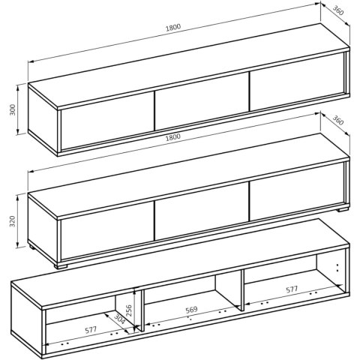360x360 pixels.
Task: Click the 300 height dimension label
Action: point(13,109)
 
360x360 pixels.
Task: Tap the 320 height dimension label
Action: point(13,221)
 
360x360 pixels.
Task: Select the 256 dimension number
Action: point(129,310)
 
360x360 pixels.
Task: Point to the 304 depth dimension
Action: point(119,319)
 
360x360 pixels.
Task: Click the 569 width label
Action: point(191,310)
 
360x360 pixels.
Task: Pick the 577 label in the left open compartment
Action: point(91,330)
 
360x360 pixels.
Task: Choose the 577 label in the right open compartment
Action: point(292,289)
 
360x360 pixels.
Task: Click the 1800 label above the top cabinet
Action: point(173,27)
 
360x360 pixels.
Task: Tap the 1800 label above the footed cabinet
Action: point(173,136)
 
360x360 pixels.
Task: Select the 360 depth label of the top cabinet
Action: point(338,10)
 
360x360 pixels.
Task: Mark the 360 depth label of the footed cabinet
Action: point(338,121)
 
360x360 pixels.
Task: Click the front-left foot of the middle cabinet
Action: point(61,265)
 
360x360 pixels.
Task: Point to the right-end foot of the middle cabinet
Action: point(343,209)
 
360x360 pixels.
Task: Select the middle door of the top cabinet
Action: point(202,101)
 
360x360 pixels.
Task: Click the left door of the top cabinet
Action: point(107,121)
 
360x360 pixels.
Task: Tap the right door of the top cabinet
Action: point(297,82)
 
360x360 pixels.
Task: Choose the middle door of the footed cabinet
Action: point(202,211)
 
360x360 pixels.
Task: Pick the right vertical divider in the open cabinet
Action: point(242,290)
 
